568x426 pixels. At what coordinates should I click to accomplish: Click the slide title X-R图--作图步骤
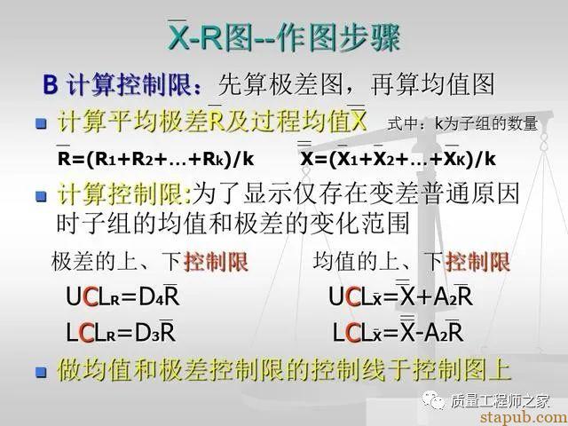(x=284, y=36)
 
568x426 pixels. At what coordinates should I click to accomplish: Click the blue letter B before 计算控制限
(x=51, y=84)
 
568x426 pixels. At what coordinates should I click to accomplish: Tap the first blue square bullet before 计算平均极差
(x=42, y=123)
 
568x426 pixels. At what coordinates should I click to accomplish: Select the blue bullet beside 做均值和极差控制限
(x=42, y=372)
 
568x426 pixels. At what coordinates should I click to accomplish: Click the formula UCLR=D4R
(x=122, y=296)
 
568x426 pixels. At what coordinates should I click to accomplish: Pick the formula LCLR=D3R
(x=121, y=332)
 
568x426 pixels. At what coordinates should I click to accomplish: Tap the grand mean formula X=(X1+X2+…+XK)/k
(x=398, y=156)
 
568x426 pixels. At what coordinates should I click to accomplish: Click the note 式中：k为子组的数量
(x=462, y=124)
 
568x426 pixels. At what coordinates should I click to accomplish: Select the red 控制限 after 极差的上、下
(x=217, y=262)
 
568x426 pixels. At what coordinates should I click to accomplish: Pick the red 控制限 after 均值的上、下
(x=477, y=262)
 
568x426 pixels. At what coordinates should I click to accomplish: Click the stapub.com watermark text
(x=524, y=417)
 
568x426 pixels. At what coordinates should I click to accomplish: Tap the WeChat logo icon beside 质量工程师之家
(x=434, y=400)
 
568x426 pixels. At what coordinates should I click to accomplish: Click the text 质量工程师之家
(x=500, y=401)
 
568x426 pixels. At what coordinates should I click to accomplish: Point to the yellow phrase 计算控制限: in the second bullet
(x=124, y=195)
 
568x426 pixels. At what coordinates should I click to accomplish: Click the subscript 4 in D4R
(x=160, y=301)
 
